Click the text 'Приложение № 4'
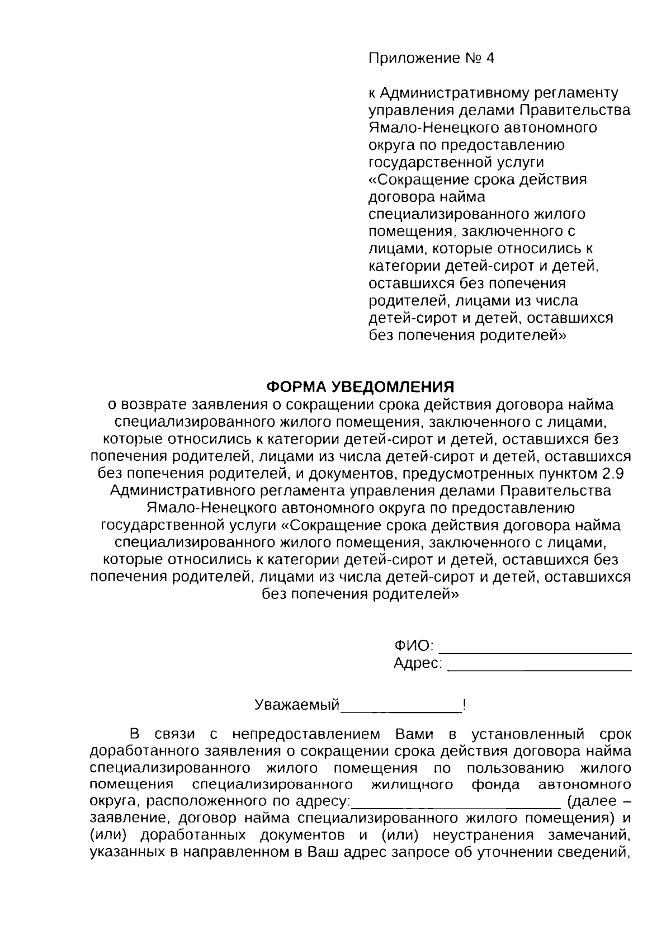(x=431, y=59)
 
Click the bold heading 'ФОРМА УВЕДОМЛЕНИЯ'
(x=360, y=387)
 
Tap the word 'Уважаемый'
(x=297, y=705)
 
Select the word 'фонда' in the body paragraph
(x=495, y=785)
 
